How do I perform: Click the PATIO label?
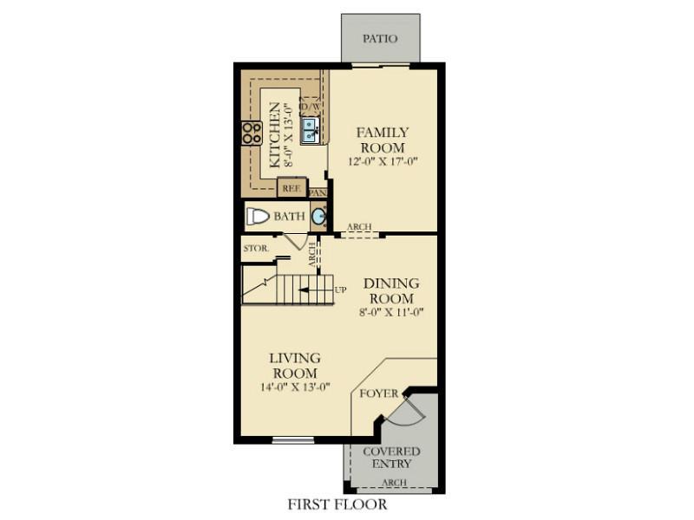[x=380, y=38]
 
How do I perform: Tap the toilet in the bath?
[x=258, y=217]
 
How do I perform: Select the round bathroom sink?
[x=318, y=216]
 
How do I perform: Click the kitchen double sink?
[x=311, y=130]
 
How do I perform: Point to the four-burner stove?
[x=252, y=133]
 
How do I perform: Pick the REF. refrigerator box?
[x=291, y=187]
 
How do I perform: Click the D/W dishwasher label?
[x=311, y=107]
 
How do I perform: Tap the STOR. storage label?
[x=256, y=248]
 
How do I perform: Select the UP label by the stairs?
[x=340, y=290]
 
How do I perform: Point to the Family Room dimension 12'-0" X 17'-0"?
[x=383, y=161]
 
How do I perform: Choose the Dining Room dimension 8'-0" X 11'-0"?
[x=391, y=312]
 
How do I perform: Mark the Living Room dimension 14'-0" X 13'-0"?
[x=296, y=387]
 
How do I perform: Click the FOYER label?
[x=379, y=393]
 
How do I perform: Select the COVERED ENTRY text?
[x=392, y=458]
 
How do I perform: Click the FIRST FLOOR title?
[x=337, y=504]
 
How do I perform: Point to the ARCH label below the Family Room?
[x=359, y=226]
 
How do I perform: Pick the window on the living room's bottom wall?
[x=292, y=440]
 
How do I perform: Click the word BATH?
[x=290, y=216]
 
